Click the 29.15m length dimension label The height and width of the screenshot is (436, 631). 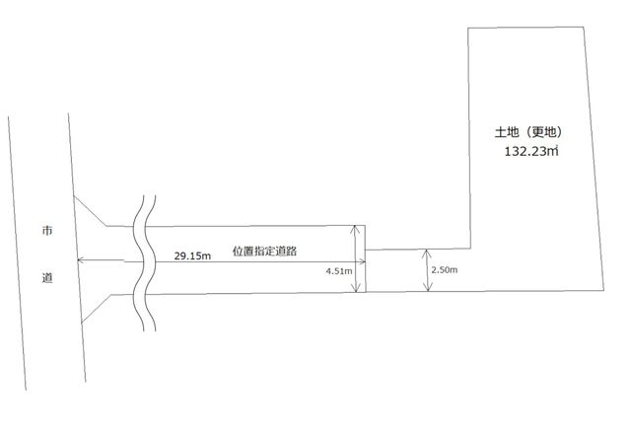click(x=192, y=256)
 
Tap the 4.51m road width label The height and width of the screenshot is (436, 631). click(x=339, y=271)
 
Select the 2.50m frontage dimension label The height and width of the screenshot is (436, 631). click(x=445, y=269)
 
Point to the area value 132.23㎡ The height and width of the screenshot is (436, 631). click(x=531, y=151)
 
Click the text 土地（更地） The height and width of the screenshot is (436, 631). click(x=528, y=132)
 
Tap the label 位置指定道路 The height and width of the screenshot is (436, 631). click(x=265, y=251)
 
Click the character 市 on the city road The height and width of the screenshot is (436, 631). click(x=47, y=231)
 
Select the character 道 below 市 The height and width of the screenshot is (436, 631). click(x=47, y=278)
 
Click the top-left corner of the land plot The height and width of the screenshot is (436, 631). click(x=468, y=29)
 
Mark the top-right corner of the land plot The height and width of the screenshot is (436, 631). click(x=584, y=27)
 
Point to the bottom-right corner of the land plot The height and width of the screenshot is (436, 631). click(x=603, y=290)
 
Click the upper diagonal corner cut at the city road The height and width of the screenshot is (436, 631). click(x=90, y=211)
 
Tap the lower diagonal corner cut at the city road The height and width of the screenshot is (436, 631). click(x=97, y=309)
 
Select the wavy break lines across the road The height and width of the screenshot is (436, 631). click(x=145, y=263)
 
